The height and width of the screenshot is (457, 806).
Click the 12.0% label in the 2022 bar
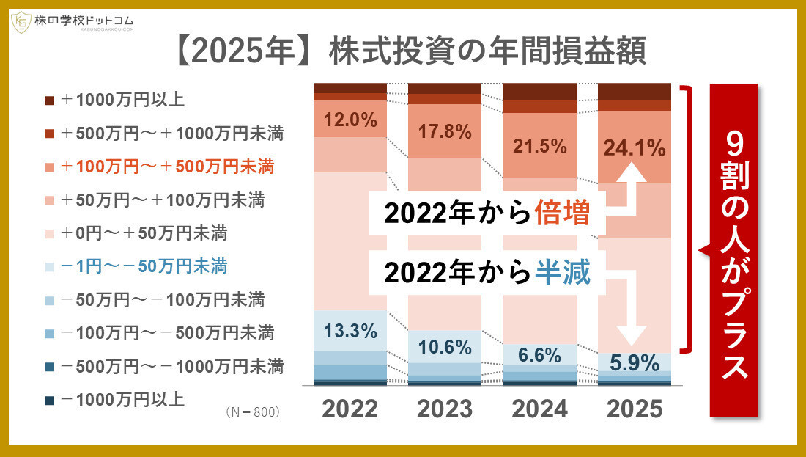350,120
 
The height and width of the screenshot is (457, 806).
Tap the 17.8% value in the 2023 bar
445,132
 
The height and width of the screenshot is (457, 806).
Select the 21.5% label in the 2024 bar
540,146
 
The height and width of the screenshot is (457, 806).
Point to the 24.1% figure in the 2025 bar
635,148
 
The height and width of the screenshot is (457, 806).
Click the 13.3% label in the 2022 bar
350,331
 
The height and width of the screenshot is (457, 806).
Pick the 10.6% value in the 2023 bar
445,347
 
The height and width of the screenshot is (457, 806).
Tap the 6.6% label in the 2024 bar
540,355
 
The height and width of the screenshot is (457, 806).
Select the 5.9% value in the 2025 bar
635,362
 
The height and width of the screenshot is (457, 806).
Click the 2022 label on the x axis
350,409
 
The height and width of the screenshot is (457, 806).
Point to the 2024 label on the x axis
540,409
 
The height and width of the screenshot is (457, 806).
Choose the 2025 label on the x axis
635,409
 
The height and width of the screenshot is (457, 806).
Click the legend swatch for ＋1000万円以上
50,100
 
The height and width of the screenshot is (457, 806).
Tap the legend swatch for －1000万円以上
50,401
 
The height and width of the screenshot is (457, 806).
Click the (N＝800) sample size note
254,412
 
